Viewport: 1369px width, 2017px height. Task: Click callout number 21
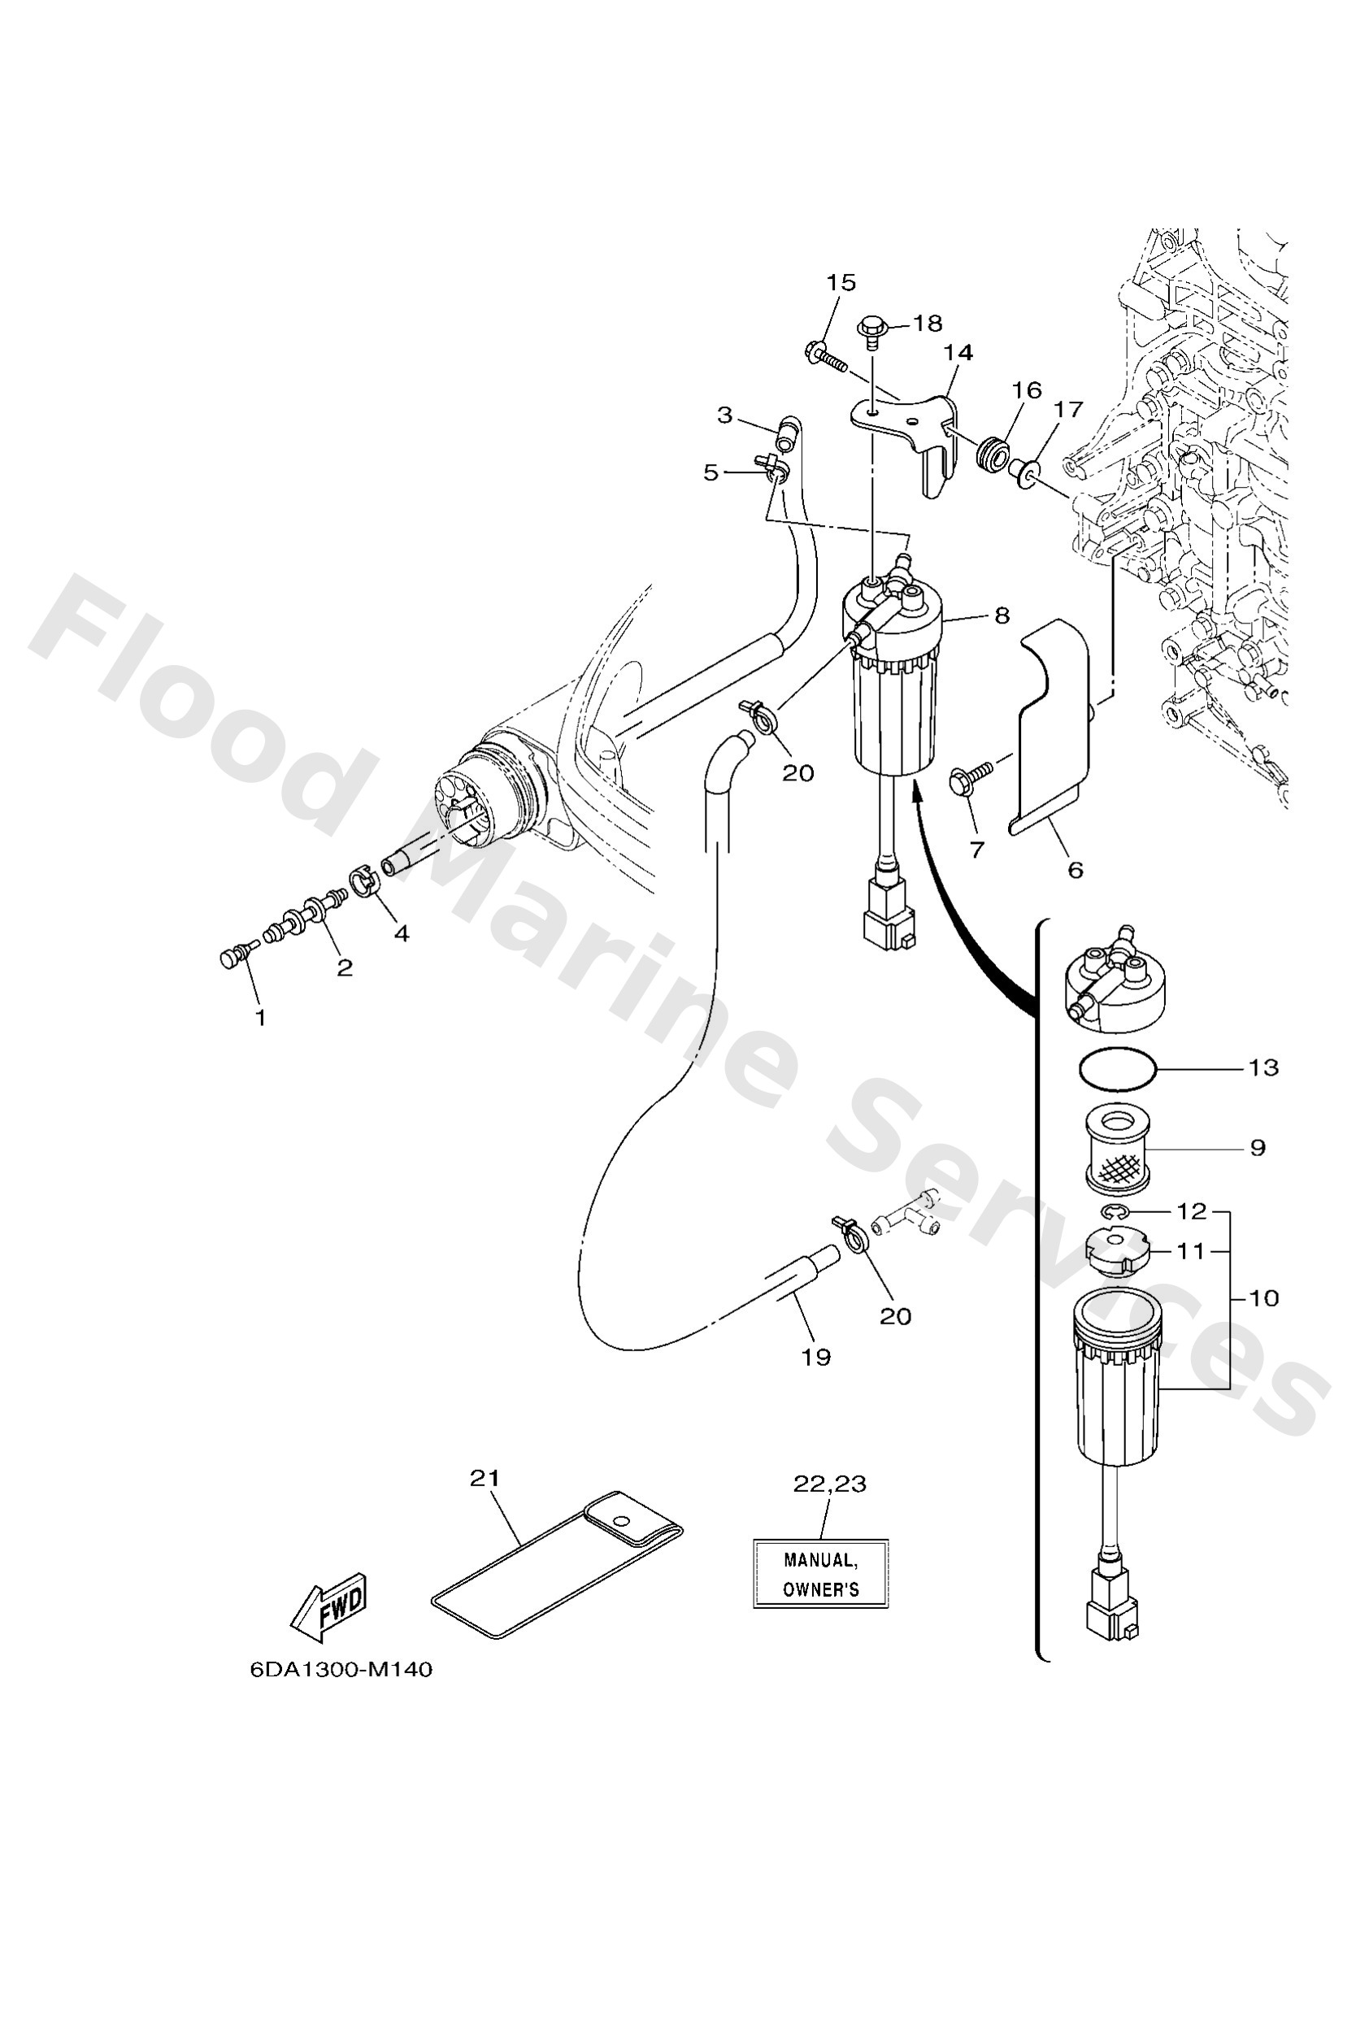coord(485,1477)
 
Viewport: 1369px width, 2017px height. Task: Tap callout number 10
coord(1264,1298)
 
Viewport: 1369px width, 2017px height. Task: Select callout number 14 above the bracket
coord(958,352)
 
